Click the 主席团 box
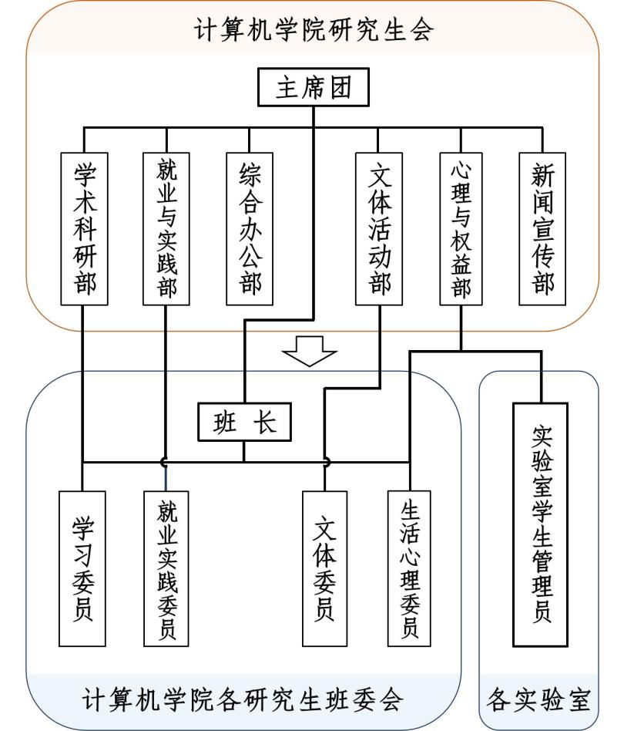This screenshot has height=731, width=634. (x=313, y=87)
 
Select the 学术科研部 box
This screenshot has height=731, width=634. (x=84, y=227)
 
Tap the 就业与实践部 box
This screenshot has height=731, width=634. (x=166, y=227)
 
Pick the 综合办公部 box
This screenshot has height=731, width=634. (x=250, y=227)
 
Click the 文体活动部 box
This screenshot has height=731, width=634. (x=379, y=227)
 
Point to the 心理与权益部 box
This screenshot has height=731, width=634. (x=461, y=227)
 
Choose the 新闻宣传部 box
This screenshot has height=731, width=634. (x=542, y=227)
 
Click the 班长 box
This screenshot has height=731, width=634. (x=244, y=422)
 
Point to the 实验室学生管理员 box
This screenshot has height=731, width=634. (x=540, y=524)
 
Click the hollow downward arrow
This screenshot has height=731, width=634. (x=310, y=351)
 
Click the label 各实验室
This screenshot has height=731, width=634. (x=538, y=700)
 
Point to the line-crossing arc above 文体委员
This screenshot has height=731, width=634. (x=325, y=462)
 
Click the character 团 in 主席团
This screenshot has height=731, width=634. (x=340, y=87)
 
